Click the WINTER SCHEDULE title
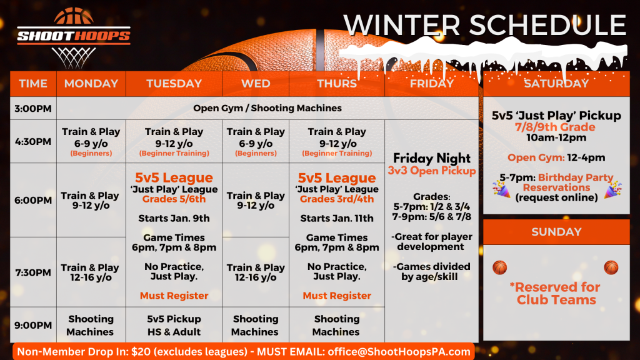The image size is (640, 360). [484, 26]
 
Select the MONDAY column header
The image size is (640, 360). [91, 84]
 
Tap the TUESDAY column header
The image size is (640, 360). [174, 84]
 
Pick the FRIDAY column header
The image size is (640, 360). [432, 84]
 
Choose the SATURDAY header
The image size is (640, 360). [556, 84]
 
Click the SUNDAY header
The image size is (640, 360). [556, 232]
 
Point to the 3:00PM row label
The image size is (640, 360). [33, 108]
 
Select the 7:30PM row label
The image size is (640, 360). [33, 272]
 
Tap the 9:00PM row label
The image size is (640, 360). [33, 325]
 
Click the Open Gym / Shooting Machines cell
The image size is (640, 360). [267, 108]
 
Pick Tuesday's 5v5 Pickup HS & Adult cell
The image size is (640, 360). [174, 325]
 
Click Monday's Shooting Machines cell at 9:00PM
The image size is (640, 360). [91, 325]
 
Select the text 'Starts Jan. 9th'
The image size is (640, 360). [174, 218]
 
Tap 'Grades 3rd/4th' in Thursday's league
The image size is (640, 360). [337, 199]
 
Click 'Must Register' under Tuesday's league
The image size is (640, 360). [174, 296]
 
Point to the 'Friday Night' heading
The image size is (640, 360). [432, 158]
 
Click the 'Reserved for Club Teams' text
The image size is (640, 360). [556, 293]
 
